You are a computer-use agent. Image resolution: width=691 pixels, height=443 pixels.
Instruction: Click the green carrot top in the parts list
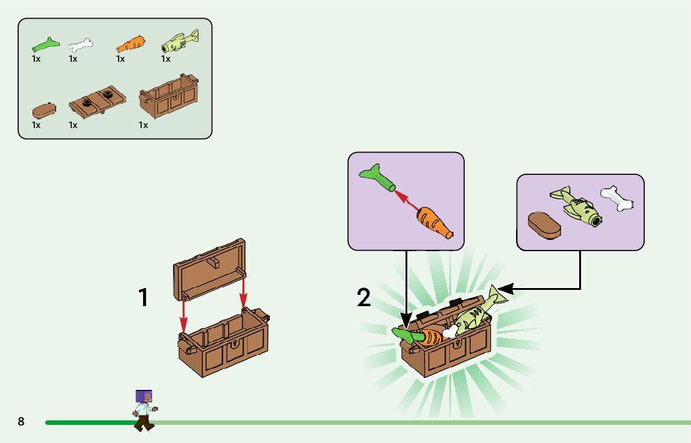44,44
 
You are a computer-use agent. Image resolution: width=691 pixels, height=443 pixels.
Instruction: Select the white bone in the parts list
81,45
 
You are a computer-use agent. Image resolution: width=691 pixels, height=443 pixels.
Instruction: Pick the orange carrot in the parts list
131,44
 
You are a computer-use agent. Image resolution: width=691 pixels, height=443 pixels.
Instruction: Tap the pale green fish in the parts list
179,42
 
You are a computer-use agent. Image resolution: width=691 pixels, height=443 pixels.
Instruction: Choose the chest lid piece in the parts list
97,102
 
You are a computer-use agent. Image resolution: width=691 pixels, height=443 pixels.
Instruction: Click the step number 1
144,298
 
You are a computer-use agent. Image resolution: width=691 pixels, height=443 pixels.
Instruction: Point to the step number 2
364,298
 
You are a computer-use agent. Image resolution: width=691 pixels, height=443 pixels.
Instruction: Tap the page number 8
21,422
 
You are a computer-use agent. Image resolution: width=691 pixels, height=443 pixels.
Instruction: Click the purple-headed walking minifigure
144,409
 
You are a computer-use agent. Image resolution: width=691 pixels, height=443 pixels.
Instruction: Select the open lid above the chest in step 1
209,267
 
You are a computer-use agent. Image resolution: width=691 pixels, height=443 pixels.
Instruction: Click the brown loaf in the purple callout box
545,226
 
